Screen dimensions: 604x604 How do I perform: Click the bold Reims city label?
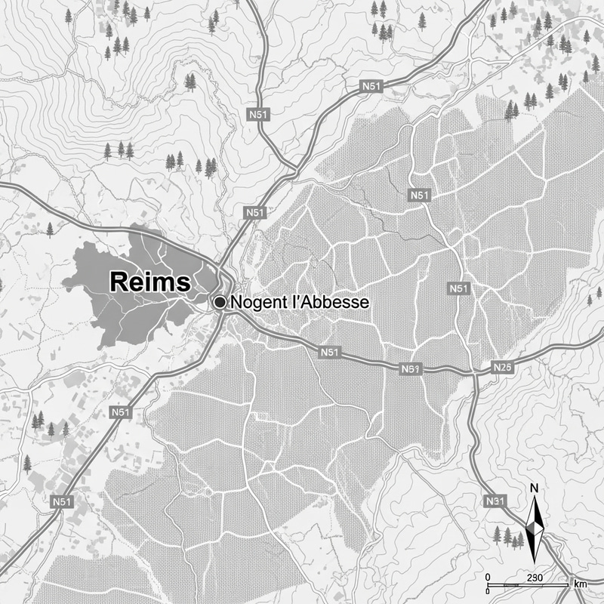click(x=150, y=282)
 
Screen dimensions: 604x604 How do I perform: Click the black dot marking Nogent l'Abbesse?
click(x=220, y=302)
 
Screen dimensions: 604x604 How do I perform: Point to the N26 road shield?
click(x=502, y=368)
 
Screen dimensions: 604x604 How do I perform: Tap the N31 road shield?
click(x=495, y=501)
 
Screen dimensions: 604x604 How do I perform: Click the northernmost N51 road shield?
click(x=371, y=88)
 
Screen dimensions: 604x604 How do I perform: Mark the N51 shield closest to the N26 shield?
click(x=458, y=288)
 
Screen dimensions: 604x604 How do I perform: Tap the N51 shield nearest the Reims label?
click(x=255, y=214)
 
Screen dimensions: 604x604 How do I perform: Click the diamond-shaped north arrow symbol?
click(x=535, y=526)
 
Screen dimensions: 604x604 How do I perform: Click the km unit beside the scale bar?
click(x=580, y=584)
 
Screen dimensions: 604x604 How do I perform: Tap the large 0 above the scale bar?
click(x=488, y=578)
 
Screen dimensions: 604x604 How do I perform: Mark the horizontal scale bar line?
click(x=528, y=585)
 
